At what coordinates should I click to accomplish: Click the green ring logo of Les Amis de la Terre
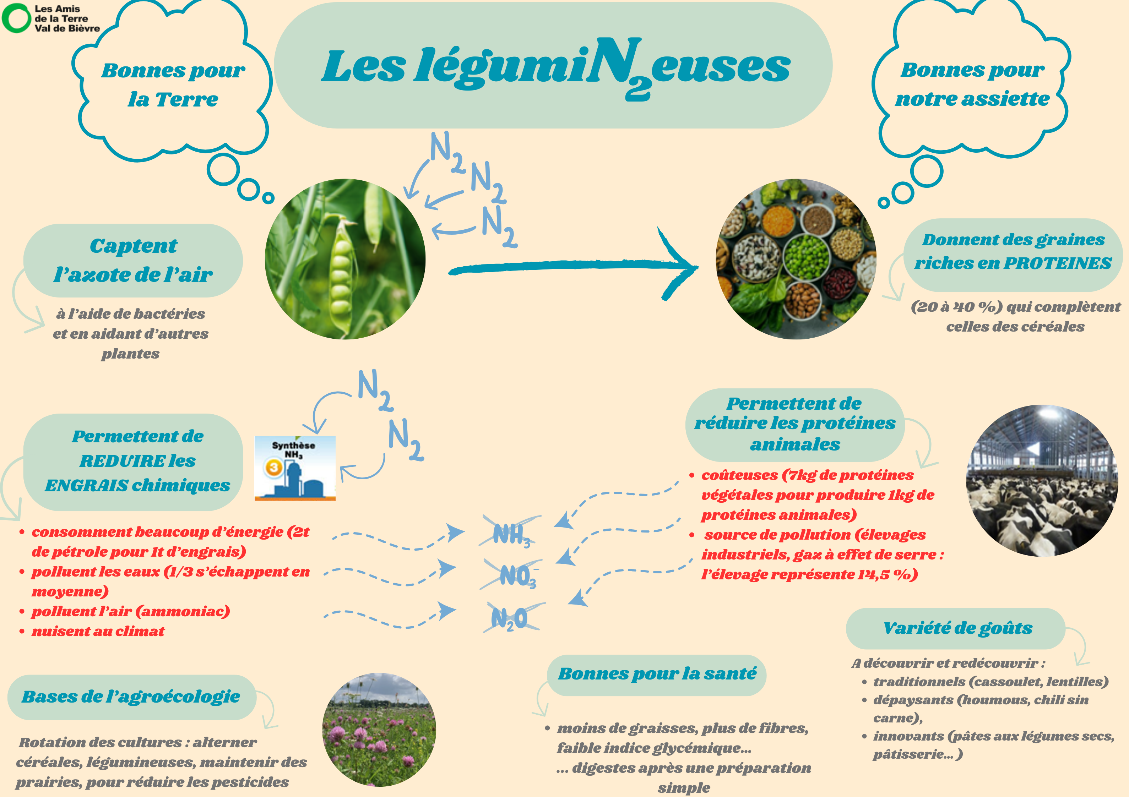[x=16, y=18]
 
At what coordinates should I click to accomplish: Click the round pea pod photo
[x=345, y=259]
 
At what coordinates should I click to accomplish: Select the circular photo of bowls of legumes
[x=796, y=259]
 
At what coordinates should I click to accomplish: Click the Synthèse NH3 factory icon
[x=294, y=468]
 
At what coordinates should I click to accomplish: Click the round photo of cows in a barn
[x=1042, y=480]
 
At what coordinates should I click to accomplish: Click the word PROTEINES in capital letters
[x=1057, y=263]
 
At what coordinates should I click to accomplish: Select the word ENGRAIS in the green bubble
[x=87, y=486]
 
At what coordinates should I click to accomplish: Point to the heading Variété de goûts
[x=957, y=628]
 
